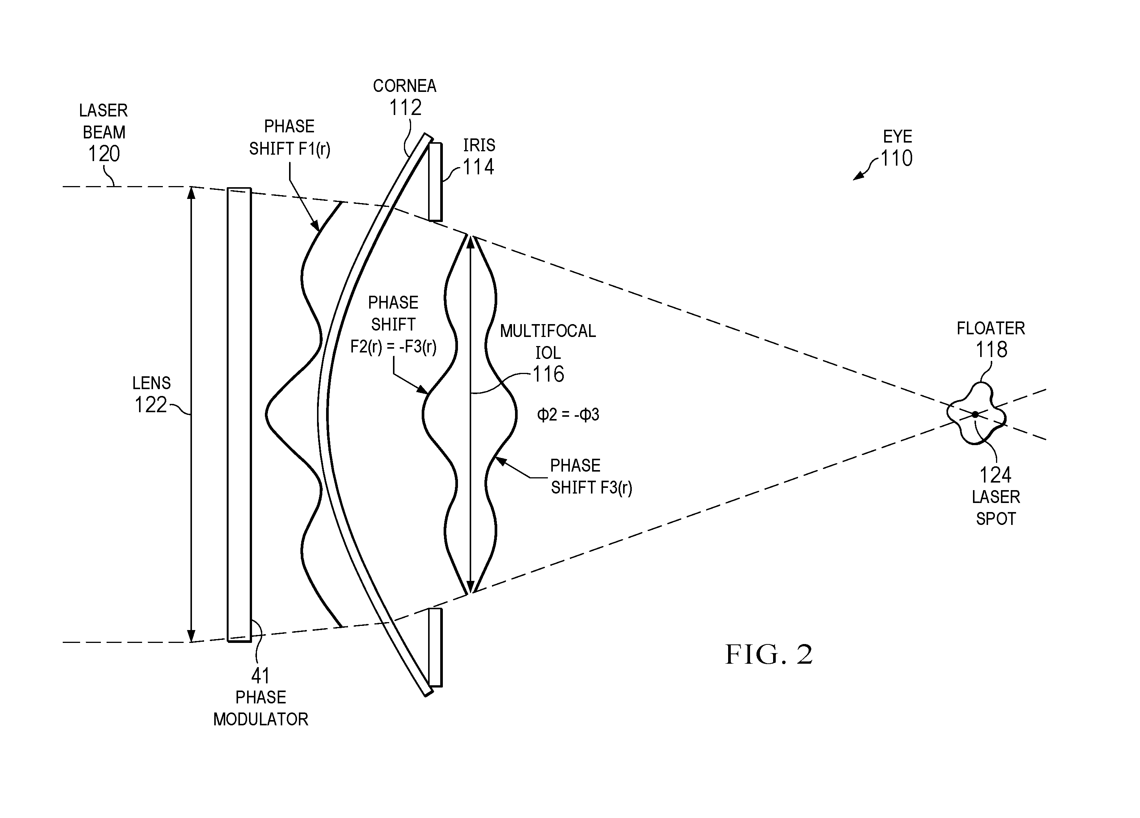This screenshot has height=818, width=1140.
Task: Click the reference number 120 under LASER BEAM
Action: (x=104, y=154)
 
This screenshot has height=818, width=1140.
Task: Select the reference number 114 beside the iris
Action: (x=478, y=166)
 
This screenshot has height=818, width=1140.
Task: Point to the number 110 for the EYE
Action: (x=896, y=158)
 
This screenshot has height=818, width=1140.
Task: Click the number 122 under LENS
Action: (x=151, y=405)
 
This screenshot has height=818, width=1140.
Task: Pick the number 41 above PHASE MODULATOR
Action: (x=260, y=676)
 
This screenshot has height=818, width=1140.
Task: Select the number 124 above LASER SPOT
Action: (x=995, y=475)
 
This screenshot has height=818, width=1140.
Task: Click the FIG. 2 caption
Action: (x=769, y=655)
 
